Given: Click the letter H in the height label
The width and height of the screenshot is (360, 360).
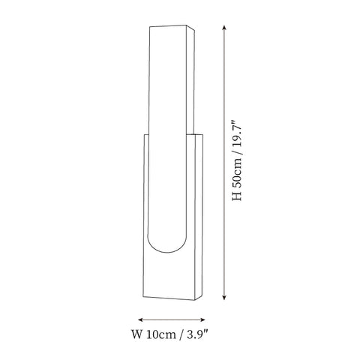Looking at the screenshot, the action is (x=237, y=196).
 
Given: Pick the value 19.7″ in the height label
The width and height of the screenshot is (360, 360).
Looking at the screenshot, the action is (x=237, y=133).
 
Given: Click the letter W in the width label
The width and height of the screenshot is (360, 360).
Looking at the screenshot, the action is (x=136, y=334).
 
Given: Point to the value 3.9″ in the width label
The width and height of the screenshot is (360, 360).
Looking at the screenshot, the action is (x=198, y=334).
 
